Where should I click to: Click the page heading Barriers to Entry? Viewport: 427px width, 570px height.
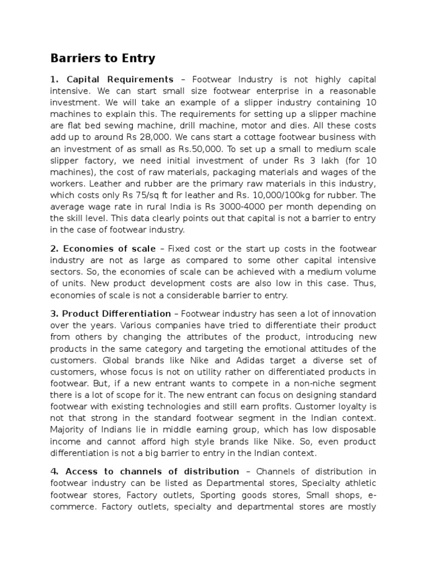pos(103,58)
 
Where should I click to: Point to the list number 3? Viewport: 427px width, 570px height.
pos(53,314)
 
